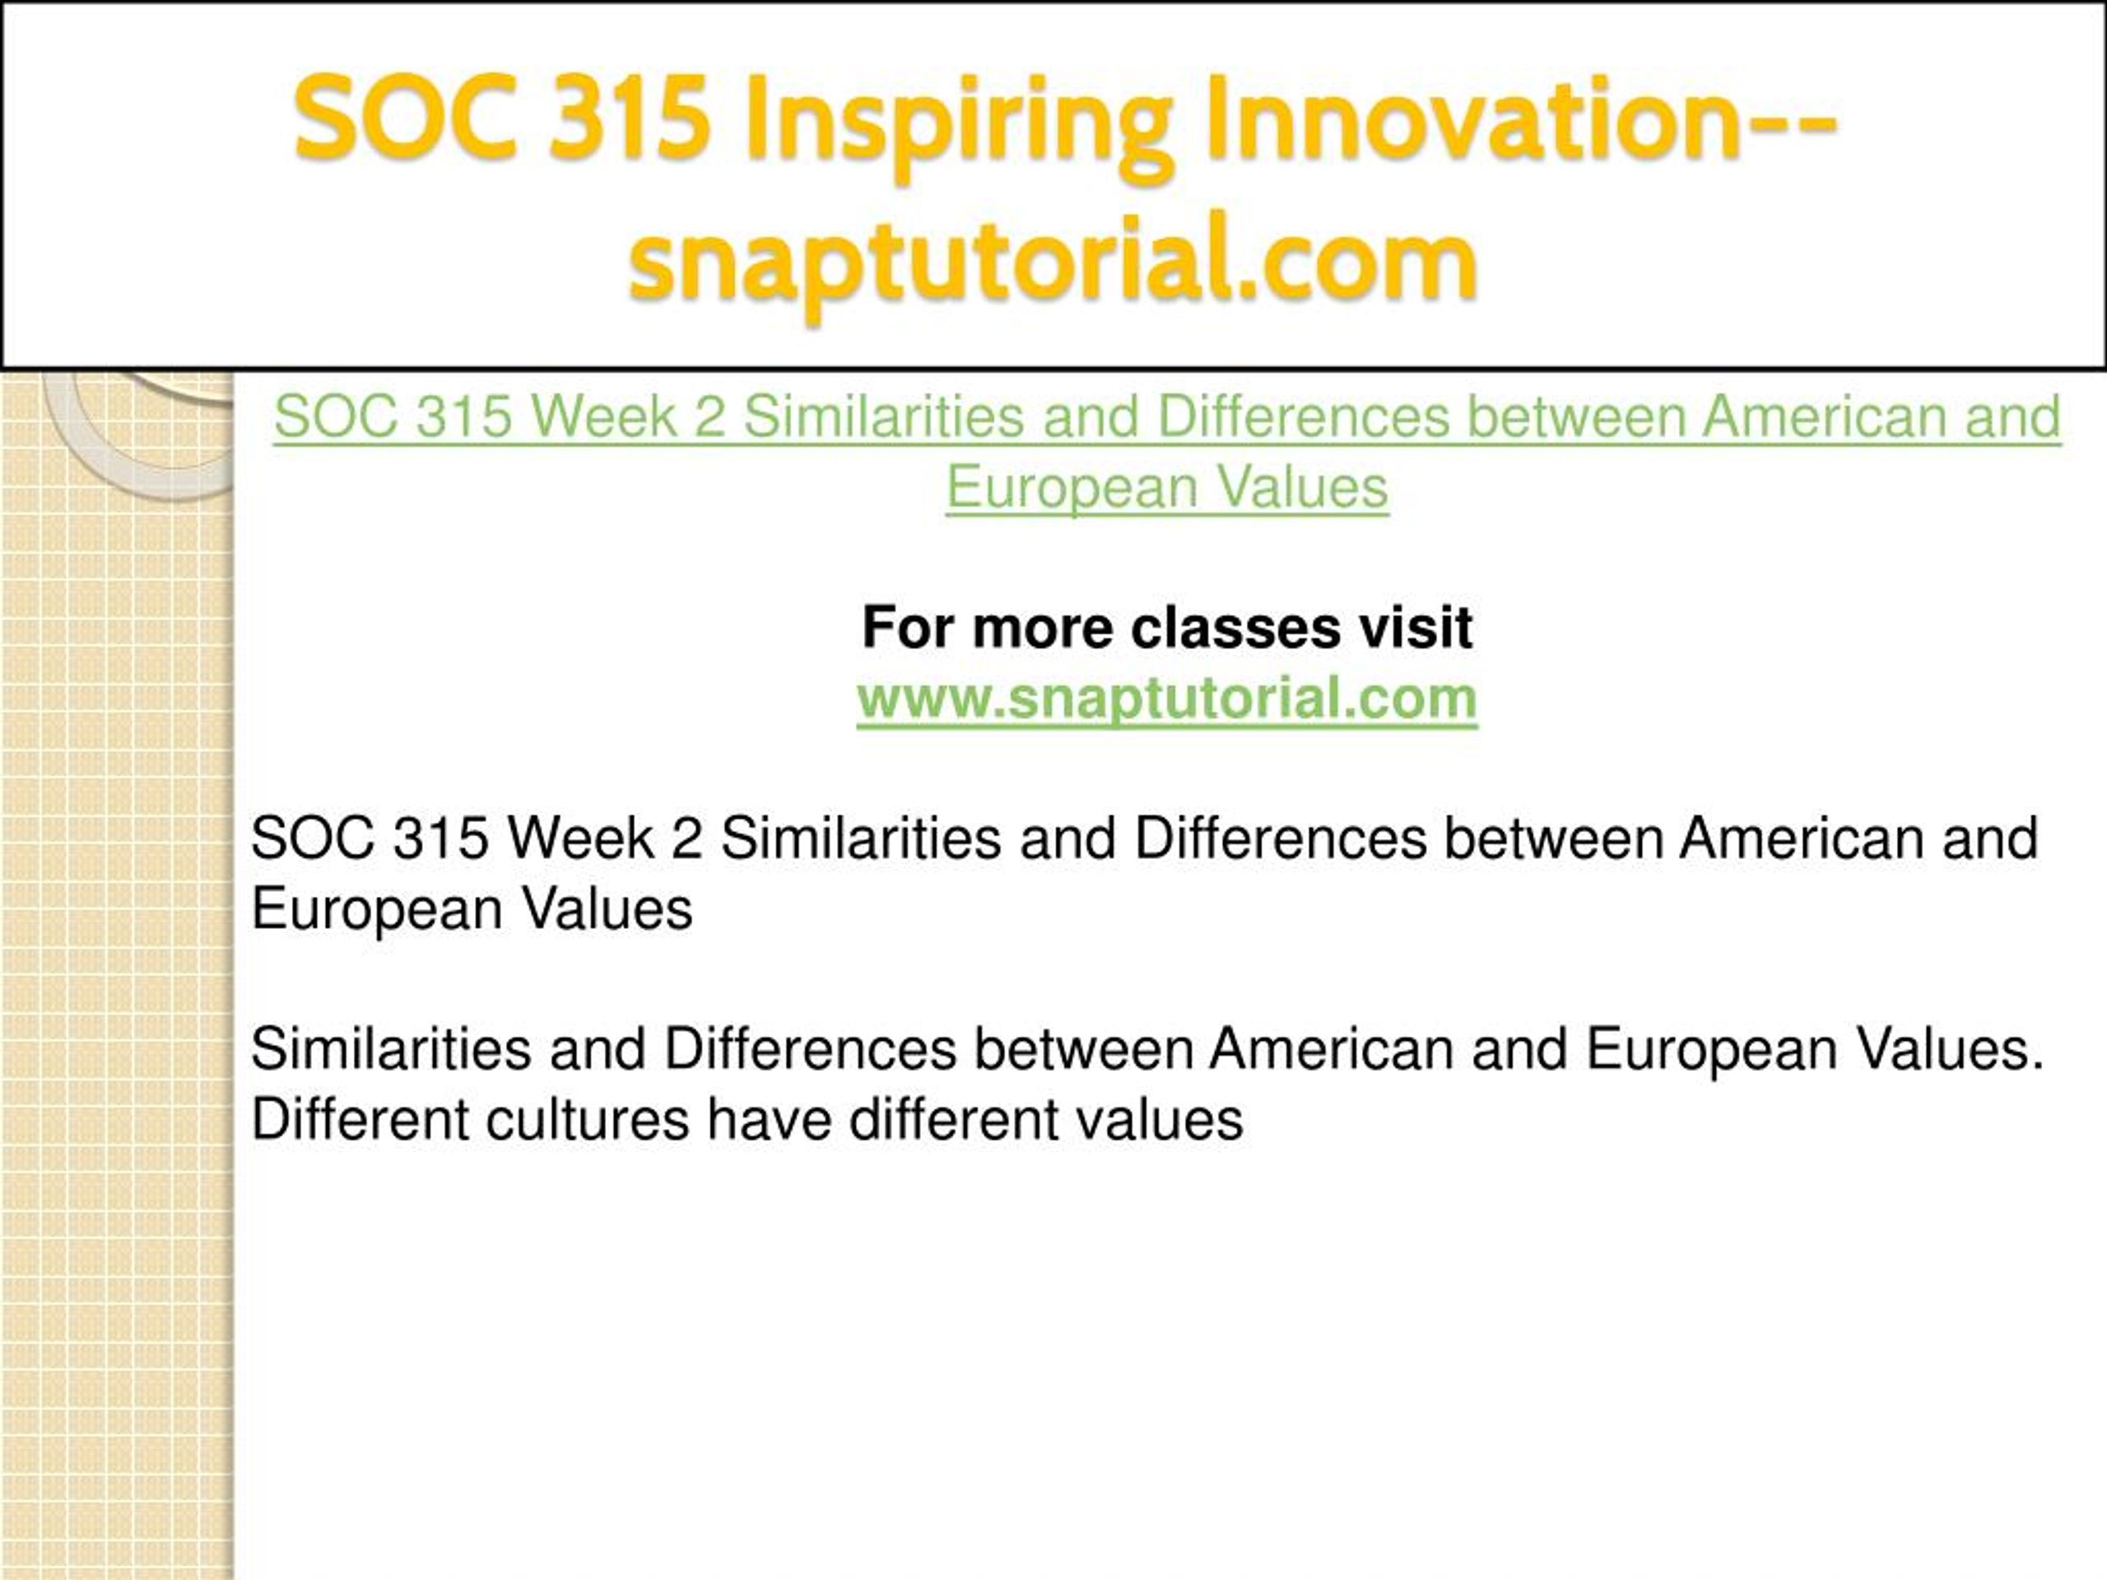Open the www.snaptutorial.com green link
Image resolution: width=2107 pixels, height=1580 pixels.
point(1167,699)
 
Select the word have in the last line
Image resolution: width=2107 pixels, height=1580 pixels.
point(769,1120)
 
